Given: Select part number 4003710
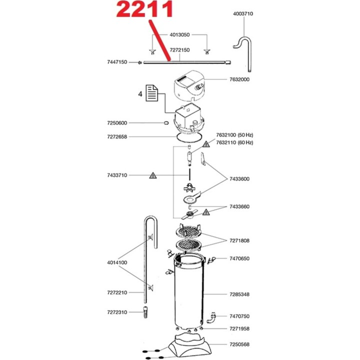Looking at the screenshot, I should (x=243, y=14).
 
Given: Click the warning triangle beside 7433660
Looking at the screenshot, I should (x=206, y=212).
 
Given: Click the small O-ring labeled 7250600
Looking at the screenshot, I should (x=165, y=123).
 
